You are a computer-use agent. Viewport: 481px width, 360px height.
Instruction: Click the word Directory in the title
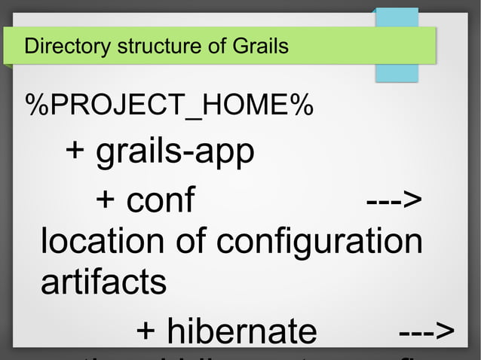(x=66, y=47)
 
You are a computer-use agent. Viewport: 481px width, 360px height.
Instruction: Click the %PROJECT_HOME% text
(x=170, y=107)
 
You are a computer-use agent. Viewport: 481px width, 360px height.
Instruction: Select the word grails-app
(x=175, y=153)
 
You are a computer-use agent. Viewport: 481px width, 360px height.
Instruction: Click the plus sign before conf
(x=106, y=200)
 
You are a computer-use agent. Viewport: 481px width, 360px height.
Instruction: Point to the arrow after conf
(x=394, y=200)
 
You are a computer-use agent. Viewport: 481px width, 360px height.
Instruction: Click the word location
(x=102, y=242)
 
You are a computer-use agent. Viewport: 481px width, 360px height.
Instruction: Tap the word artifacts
(x=103, y=282)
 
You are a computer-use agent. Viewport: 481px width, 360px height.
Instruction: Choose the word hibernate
(x=241, y=332)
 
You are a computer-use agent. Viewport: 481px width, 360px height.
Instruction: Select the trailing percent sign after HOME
(x=304, y=107)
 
